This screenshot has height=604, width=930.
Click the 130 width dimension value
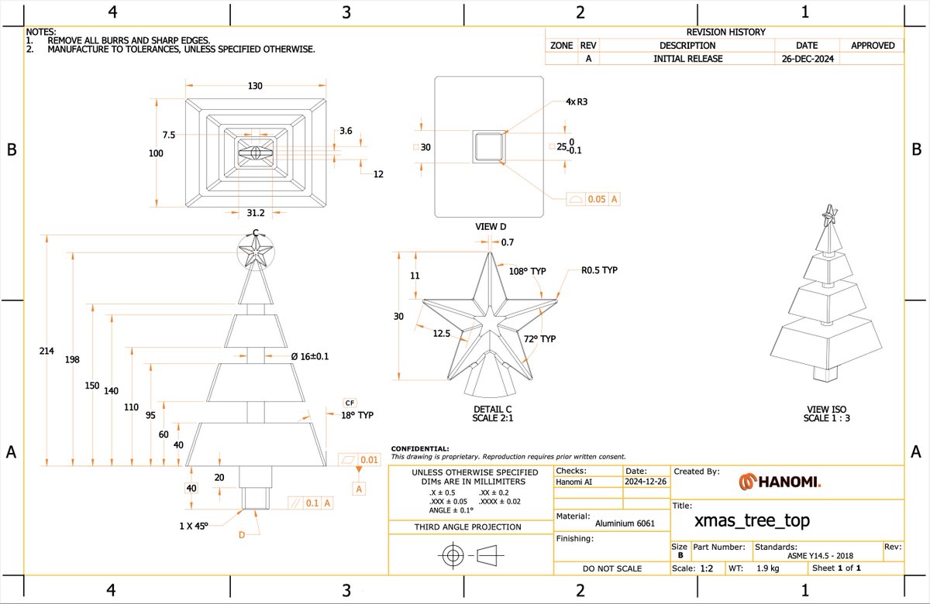click(x=255, y=85)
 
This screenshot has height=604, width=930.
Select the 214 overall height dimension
click(x=46, y=351)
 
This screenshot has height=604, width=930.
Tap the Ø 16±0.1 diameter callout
click(x=310, y=356)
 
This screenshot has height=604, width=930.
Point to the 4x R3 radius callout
click(x=577, y=101)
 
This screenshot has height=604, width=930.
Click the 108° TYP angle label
click(x=527, y=271)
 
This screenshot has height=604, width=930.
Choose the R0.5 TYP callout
click(x=599, y=270)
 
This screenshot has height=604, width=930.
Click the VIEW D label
click(x=491, y=226)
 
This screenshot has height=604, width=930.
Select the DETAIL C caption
click(x=492, y=409)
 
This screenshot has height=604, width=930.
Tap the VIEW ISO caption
click(x=826, y=409)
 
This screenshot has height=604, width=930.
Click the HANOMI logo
click(x=780, y=482)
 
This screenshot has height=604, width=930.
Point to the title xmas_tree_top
click(x=752, y=520)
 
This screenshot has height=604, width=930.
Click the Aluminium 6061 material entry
click(x=625, y=523)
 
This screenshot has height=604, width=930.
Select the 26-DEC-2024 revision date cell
click(x=808, y=59)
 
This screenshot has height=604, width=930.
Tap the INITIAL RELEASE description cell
click(x=688, y=59)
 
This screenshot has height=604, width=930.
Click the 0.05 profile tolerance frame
click(x=594, y=199)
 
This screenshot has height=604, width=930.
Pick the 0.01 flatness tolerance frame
click(x=360, y=460)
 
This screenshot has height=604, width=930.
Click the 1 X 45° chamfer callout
click(x=194, y=526)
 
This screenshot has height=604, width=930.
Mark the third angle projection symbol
click(x=471, y=555)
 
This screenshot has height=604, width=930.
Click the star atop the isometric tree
click(x=830, y=215)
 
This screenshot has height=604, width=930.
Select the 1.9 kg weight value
click(x=768, y=568)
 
